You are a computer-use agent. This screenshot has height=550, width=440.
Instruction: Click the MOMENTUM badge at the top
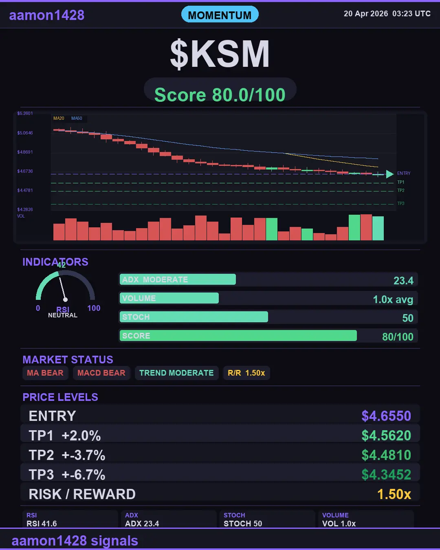click(x=220, y=15)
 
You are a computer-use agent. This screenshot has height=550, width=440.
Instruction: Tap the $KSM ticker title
click(x=220, y=54)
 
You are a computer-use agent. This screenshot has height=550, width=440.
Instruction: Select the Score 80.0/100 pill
click(x=220, y=95)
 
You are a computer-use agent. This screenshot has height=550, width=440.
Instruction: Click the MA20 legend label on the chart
click(x=59, y=119)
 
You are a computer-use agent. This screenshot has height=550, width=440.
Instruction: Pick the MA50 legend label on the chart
click(x=77, y=119)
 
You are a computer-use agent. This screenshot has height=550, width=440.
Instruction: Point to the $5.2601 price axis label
click(x=25, y=114)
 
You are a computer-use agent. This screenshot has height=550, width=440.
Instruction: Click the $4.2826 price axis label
click(x=25, y=209)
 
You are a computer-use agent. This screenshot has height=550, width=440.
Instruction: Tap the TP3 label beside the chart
click(x=401, y=203)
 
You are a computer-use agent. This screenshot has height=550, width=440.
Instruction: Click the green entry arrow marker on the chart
click(x=389, y=174)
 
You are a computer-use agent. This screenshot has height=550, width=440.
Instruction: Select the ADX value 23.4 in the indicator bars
click(x=403, y=281)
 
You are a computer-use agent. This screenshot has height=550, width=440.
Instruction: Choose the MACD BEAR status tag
click(x=101, y=373)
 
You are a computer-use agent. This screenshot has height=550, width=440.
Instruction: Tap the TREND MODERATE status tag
click(x=176, y=373)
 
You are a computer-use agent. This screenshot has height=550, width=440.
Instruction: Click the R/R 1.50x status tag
click(x=246, y=373)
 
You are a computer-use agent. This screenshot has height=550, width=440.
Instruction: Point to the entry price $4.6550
click(x=386, y=416)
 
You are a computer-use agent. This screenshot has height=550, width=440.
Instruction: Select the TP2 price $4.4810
click(x=386, y=455)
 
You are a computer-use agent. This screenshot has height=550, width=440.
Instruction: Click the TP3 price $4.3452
click(x=386, y=475)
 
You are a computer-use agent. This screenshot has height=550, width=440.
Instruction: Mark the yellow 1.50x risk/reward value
click(x=394, y=494)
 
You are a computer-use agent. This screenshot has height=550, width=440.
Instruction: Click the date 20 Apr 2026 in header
click(x=366, y=14)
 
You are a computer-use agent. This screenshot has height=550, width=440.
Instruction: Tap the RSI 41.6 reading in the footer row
click(x=42, y=524)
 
